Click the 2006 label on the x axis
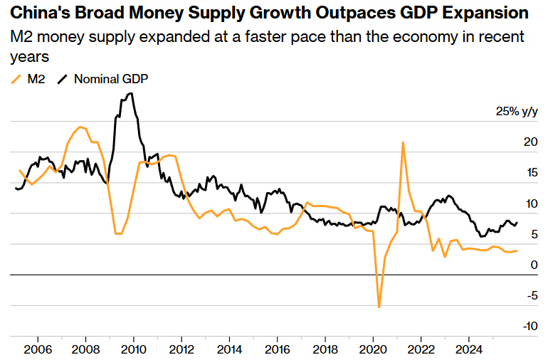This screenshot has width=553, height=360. point(38,350)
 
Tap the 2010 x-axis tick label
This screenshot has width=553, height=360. point(134,350)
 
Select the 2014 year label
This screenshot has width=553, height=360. point(229,350)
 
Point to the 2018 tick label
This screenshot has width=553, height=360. point(325,350)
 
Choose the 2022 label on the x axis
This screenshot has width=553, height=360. point(421,350)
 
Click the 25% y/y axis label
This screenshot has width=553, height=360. point(517,112)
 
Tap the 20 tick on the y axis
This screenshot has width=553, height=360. point(530,142)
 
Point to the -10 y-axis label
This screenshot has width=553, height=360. point(527,327)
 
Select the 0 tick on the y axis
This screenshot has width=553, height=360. point(533,265)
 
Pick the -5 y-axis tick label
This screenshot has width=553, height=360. point(530,296)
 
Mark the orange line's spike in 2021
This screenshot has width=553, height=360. point(403,142)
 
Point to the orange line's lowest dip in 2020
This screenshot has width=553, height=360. point(379,307)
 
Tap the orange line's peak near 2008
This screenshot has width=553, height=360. point(80,127)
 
